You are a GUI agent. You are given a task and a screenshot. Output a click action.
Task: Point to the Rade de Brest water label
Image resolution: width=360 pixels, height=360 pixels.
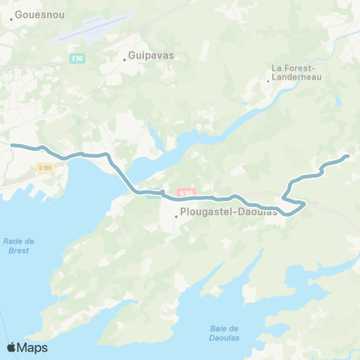[x=19, y=245]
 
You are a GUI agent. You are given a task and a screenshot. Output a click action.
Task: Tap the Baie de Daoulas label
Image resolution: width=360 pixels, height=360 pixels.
[x=223, y=333]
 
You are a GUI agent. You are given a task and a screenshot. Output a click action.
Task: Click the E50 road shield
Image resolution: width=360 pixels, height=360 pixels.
[x=79, y=58]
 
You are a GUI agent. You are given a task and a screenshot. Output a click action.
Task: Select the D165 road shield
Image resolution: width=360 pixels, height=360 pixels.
[x=46, y=168]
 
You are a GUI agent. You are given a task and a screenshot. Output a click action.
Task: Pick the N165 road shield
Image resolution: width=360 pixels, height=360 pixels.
[x=185, y=193]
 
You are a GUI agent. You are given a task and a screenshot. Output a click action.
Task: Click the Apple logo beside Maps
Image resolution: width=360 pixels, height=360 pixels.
[x=12, y=347]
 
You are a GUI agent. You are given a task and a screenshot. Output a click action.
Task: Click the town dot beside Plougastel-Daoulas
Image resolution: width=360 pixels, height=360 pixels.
[x=176, y=217]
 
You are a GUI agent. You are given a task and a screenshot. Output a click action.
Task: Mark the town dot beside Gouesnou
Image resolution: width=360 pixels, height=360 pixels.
[x=10, y=13]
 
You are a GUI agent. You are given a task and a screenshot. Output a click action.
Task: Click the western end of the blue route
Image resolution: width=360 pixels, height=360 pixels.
[x=11, y=145]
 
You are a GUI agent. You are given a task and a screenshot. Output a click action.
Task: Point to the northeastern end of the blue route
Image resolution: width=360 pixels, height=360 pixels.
[x=347, y=156]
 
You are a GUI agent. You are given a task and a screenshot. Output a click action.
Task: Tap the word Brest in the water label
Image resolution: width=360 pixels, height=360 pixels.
[x=19, y=250]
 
